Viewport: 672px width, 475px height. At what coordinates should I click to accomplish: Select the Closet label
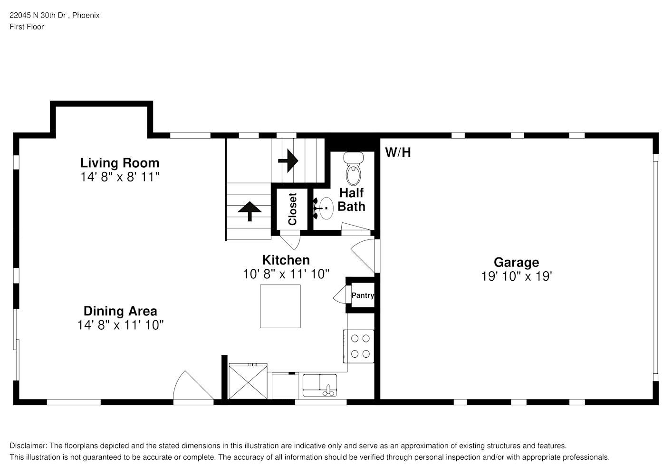coord(292,209)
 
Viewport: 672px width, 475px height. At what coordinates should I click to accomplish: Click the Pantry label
coord(363,295)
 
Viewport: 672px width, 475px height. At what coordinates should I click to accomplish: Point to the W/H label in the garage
coord(398,152)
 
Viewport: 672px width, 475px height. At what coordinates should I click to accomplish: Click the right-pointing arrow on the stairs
coord(288,161)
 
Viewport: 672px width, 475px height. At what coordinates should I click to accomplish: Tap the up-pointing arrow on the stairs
coord(250,211)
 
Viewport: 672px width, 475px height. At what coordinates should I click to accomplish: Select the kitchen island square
coord(280,306)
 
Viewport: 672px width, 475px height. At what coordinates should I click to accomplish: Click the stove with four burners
coord(359,346)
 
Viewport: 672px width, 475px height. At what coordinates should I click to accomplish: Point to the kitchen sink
coord(319,385)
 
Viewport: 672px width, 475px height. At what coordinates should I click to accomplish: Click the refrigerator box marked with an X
coord(248,381)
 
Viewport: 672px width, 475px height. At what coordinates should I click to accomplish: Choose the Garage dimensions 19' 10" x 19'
coord(517,276)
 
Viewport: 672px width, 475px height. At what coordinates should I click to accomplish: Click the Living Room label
coord(120,163)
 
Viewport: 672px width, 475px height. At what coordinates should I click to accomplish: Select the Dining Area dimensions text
coord(120,325)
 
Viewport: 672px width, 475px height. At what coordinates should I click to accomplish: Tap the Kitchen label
coord(286,260)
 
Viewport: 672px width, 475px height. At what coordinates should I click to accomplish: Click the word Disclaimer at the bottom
coord(28,446)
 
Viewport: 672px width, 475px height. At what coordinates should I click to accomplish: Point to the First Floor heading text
coord(27,27)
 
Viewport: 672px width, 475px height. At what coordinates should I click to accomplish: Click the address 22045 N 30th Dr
coord(38,15)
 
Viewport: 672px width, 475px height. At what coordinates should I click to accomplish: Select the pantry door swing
coord(339,294)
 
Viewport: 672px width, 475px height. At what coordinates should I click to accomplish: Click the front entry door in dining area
coord(193,386)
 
